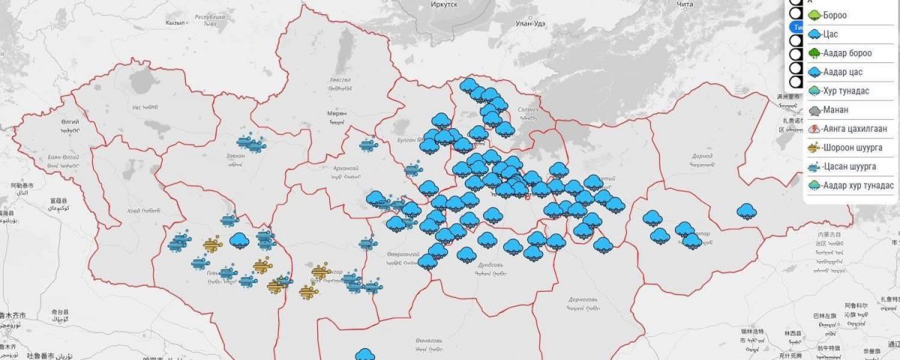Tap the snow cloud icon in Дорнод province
click(746, 211)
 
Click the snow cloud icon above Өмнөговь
click(365, 354)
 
